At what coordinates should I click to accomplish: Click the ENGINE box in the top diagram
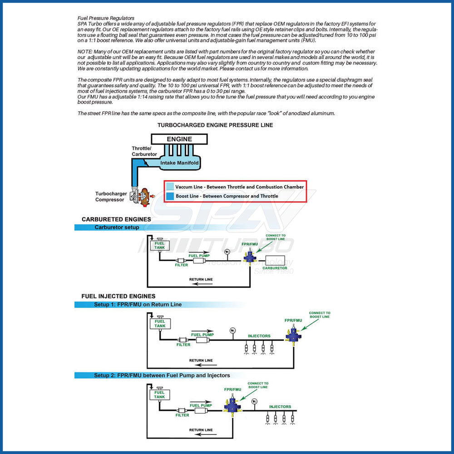click(x=179, y=139)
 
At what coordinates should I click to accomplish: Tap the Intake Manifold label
click(x=179, y=163)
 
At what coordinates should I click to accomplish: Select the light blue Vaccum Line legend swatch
click(x=170, y=187)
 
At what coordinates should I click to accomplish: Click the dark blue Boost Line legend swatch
click(x=170, y=196)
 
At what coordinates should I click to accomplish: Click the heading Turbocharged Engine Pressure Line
click(x=215, y=125)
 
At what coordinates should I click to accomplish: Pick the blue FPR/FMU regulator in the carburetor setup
click(x=249, y=257)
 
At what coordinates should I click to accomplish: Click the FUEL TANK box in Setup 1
click(x=160, y=323)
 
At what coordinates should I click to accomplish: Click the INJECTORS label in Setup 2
click(x=280, y=407)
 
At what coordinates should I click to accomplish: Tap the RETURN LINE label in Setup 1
click(x=201, y=360)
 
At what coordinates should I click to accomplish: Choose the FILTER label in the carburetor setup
click(x=181, y=265)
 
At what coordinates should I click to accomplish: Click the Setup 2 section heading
click(x=162, y=375)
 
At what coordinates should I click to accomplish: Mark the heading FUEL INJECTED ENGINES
click(x=118, y=296)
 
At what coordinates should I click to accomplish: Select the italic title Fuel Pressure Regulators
click(x=103, y=18)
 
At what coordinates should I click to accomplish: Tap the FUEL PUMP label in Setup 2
click(x=201, y=405)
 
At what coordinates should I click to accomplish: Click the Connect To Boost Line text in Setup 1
click(x=320, y=315)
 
